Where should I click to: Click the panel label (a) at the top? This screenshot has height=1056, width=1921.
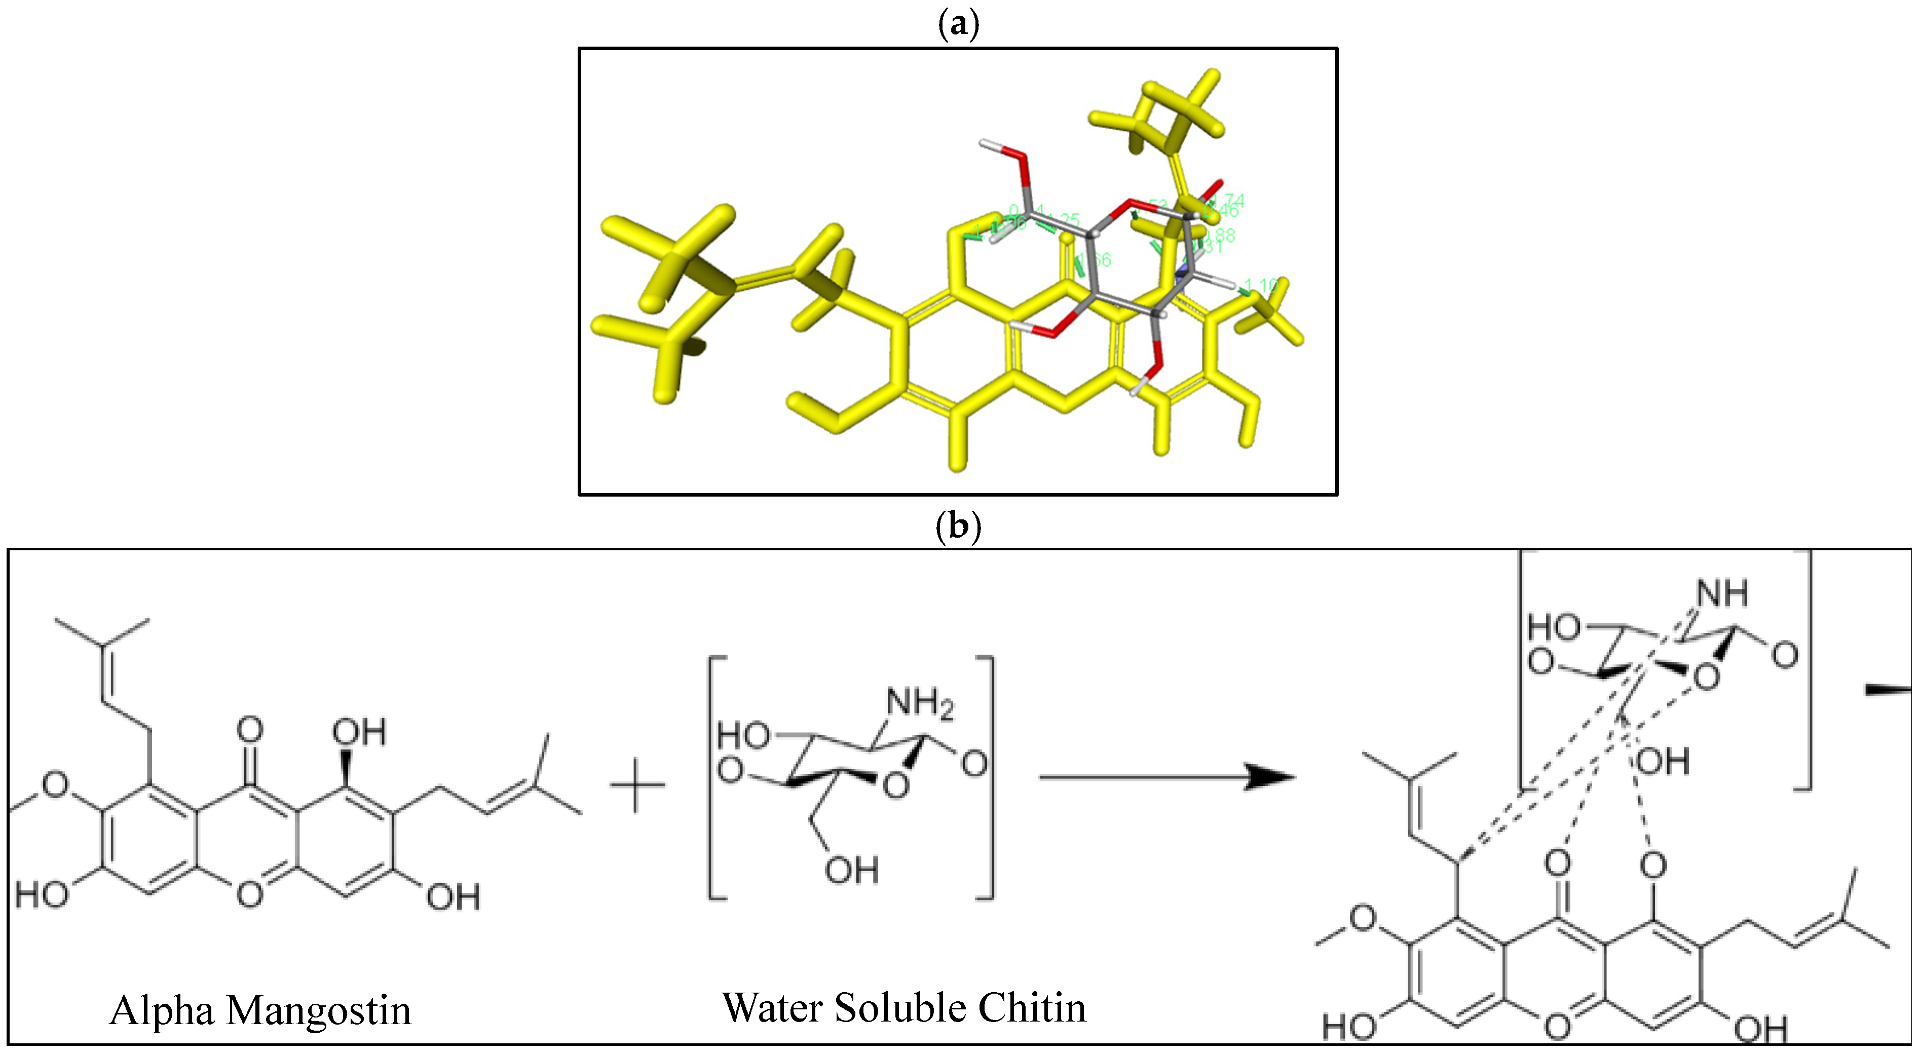tap(958, 25)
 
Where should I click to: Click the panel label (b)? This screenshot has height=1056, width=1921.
tap(958, 526)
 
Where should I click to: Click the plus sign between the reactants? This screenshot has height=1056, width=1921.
tap(637, 784)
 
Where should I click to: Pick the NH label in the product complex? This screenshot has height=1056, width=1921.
tap(1723, 594)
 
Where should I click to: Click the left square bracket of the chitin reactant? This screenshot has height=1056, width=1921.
tap(716, 777)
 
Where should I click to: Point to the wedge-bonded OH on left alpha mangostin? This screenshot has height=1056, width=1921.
tap(359, 732)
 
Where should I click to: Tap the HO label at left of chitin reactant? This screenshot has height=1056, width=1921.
tap(743, 736)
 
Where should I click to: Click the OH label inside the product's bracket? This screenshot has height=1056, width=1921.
tap(1662, 762)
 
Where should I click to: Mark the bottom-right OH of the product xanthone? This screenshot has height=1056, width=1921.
tap(1760, 1030)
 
